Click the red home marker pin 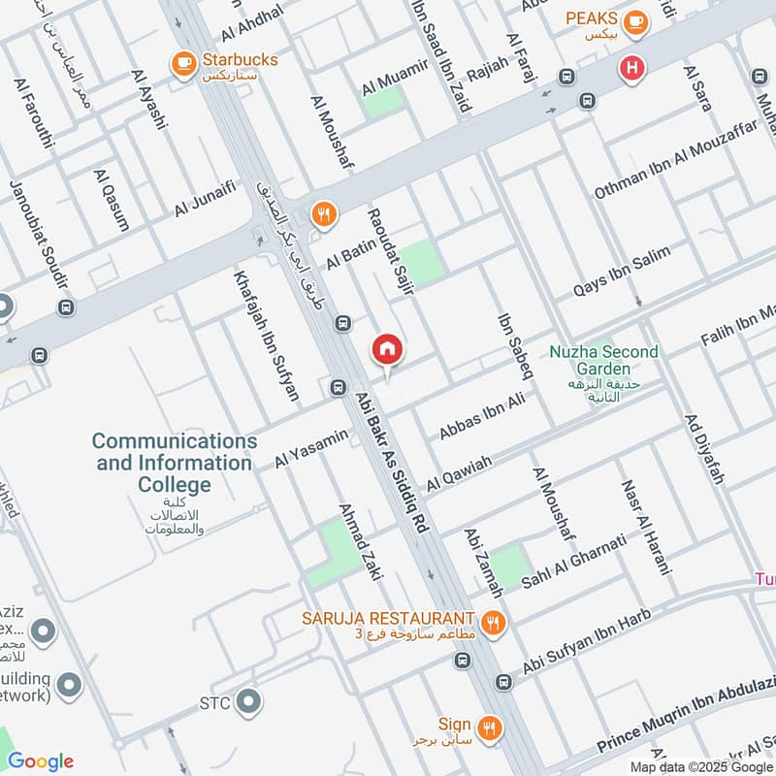(387, 350)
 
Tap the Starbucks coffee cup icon (181, 65)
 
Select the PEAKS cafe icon (635, 20)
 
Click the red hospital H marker (632, 69)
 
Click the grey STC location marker (249, 699)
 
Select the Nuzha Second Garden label (602, 360)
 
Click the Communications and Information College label (175, 463)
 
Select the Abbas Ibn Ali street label (481, 415)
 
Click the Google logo (41, 760)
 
